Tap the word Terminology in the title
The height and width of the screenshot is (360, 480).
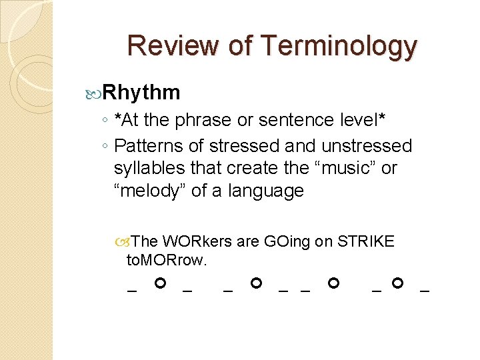tap(339, 47)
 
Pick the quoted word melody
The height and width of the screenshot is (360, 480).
tap(150, 191)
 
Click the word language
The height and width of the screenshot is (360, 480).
tap(266, 191)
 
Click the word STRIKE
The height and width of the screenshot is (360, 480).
tap(366, 241)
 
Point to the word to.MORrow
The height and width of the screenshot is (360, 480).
tap(167, 259)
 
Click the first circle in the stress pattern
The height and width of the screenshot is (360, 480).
tap(159, 284)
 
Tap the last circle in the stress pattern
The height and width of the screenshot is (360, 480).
tap(397, 284)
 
